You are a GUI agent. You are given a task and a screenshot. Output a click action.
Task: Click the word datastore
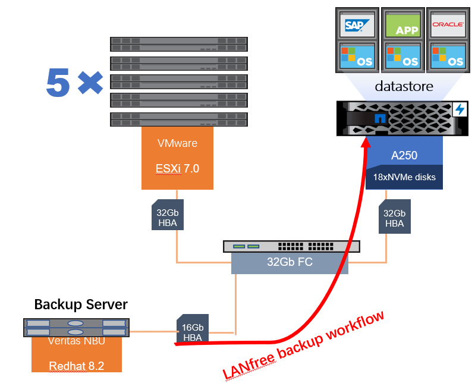coord(404,87)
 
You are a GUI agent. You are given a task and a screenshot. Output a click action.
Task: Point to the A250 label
coord(404,156)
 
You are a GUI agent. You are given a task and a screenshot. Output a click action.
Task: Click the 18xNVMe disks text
coord(405,177)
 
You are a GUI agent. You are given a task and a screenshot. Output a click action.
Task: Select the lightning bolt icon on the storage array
coord(460,109)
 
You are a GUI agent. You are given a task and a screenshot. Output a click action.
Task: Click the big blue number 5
coord(58,83)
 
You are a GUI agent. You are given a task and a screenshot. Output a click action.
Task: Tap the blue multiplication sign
coord(89,83)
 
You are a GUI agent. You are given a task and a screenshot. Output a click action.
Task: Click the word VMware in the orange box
coord(177,143)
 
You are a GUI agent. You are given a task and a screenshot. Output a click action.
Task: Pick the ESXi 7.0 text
coord(177,168)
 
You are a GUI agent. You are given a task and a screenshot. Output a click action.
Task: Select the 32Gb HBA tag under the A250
coord(394,218)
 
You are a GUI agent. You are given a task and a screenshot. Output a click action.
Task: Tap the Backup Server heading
coord(81,305)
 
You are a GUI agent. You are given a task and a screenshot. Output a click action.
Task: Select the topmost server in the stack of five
coord(178,44)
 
